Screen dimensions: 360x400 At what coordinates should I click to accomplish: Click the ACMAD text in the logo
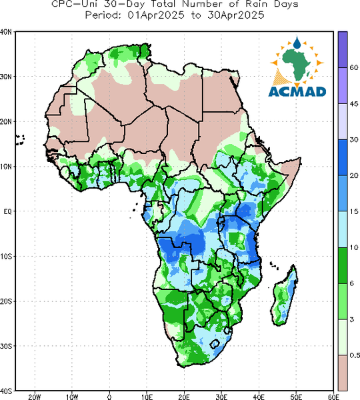click(297, 91)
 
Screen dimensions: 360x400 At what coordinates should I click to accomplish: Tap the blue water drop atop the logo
click(297, 43)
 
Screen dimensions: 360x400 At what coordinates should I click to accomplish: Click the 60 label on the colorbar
click(354, 67)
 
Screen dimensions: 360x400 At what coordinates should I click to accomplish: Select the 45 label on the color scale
click(354, 104)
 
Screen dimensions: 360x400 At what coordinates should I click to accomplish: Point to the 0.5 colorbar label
click(355, 355)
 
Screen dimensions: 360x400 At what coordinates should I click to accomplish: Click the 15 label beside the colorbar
click(354, 211)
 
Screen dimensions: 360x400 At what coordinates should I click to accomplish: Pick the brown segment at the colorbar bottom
click(343, 373)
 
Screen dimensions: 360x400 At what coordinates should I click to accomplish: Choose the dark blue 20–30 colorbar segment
click(343, 157)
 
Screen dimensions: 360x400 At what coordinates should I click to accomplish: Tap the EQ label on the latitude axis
click(7, 211)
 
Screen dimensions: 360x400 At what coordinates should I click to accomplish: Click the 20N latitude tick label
click(6, 122)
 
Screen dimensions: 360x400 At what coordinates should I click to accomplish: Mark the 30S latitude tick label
click(6, 346)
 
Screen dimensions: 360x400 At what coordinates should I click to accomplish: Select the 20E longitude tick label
click(184, 397)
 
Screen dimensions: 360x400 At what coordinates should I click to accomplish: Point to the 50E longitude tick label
click(296, 397)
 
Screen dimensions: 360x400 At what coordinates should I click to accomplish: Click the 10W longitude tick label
click(72, 397)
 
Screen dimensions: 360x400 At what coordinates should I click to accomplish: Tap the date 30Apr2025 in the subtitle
click(235, 15)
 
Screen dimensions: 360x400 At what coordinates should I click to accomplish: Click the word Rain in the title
click(259, 5)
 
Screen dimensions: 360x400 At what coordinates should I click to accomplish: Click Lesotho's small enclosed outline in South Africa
click(215, 344)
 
